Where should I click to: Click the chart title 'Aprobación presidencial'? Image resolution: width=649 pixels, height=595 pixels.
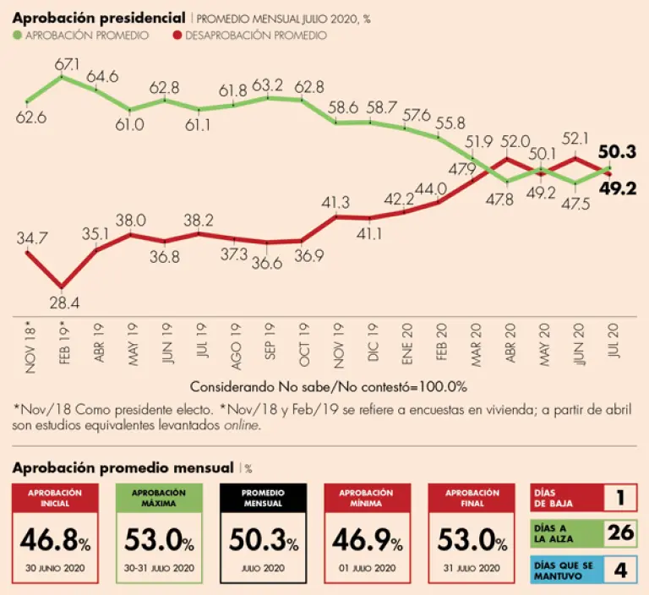pyautogui.click(x=100, y=17)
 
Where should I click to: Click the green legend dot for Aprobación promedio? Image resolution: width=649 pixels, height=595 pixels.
pyautogui.click(x=18, y=35)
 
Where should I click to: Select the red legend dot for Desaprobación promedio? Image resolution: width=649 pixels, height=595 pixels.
pyautogui.click(x=176, y=35)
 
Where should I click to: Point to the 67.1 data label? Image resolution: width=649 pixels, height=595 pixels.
pyautogui.click(x=67, y=63)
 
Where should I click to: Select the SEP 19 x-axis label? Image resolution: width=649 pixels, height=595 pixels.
pyautogui.click(x=270, y=341)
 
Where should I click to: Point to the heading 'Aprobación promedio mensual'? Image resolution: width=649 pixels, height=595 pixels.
pyautogui.click(x=122, y=467)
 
